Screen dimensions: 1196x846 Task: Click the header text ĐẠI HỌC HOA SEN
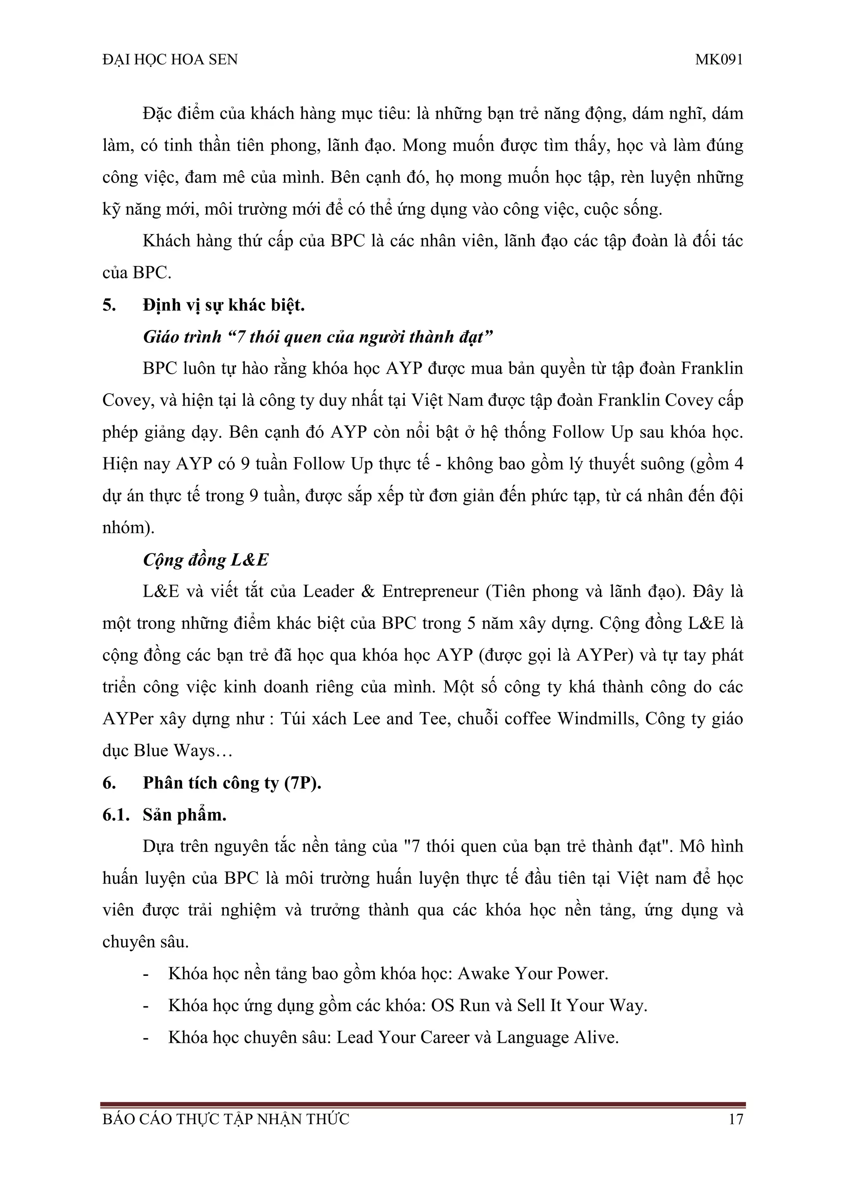170,60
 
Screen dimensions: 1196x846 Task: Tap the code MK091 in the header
718,60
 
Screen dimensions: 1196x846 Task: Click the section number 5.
109,305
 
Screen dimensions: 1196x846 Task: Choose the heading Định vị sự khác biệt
223,305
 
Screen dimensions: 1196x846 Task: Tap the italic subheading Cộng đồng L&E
206,560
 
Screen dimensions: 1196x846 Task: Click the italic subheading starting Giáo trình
318,337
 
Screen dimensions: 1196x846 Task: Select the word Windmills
596,719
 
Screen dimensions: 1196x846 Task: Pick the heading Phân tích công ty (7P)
232,783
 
